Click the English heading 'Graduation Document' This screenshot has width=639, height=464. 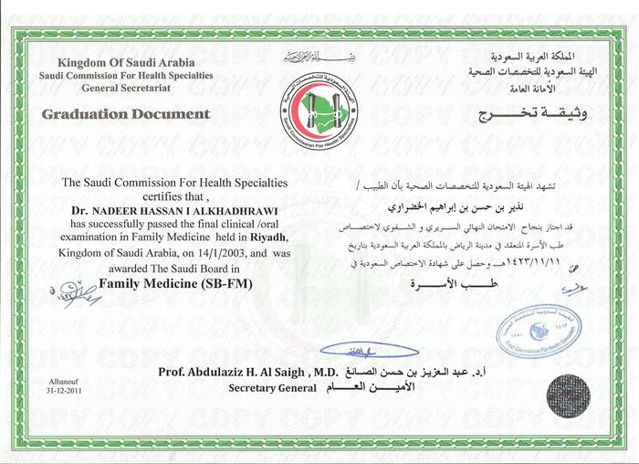pyautogui.click(x=125, y=114)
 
